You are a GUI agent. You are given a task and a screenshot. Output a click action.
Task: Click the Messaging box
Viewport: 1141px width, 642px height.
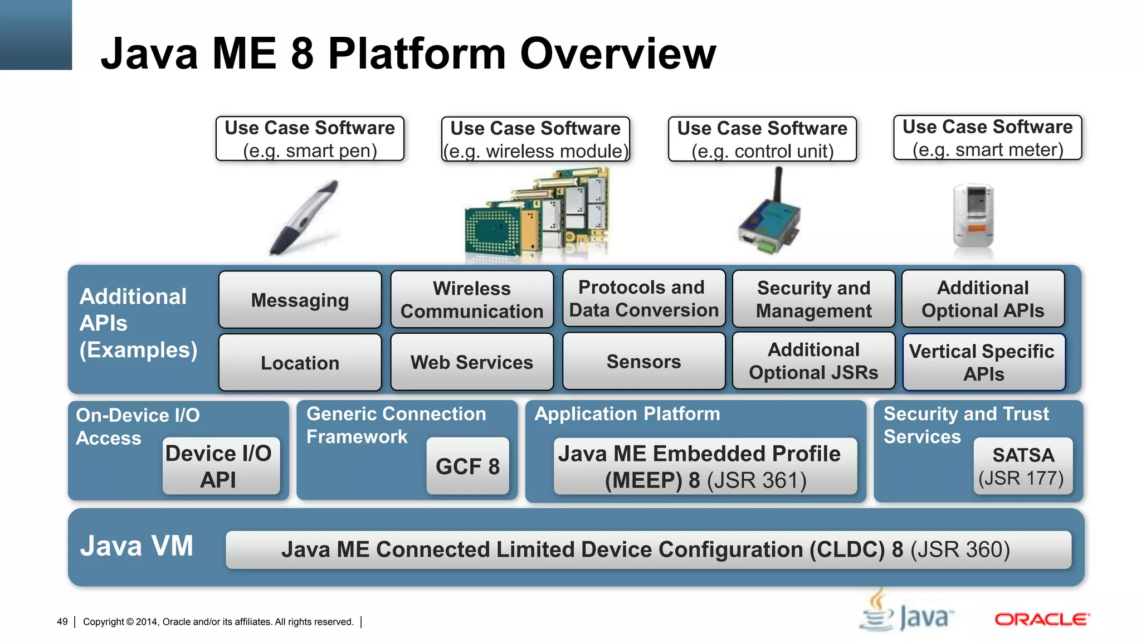coord(300,300)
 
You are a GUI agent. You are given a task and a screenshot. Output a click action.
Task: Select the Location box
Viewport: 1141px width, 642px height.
coord(300,363)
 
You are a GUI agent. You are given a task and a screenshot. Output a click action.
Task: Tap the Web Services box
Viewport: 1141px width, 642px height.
coord(471,362)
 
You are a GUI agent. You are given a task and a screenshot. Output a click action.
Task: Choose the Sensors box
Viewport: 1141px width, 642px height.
coord(643,362)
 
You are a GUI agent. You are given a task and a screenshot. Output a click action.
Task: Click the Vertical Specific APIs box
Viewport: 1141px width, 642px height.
coord(983,362)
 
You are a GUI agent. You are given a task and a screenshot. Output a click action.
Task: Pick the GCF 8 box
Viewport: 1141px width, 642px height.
coord(467,466)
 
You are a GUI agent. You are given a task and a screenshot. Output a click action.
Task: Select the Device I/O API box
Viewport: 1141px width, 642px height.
coord(221,466)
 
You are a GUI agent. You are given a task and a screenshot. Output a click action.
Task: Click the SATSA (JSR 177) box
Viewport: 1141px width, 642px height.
coord(1022,466)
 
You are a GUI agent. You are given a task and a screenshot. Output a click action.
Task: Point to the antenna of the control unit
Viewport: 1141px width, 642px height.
coord(778,184)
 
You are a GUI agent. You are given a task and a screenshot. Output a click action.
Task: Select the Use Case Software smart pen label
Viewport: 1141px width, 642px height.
coord(310,139)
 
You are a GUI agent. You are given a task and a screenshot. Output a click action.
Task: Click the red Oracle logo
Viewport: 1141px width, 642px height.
coord(1041,619)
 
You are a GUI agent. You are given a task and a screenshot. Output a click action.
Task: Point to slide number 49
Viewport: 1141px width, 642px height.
coord(62,621)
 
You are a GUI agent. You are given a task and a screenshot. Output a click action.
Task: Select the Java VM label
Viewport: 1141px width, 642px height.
coord(136,546)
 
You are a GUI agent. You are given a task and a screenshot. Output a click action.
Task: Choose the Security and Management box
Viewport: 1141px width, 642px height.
coord(813,299)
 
